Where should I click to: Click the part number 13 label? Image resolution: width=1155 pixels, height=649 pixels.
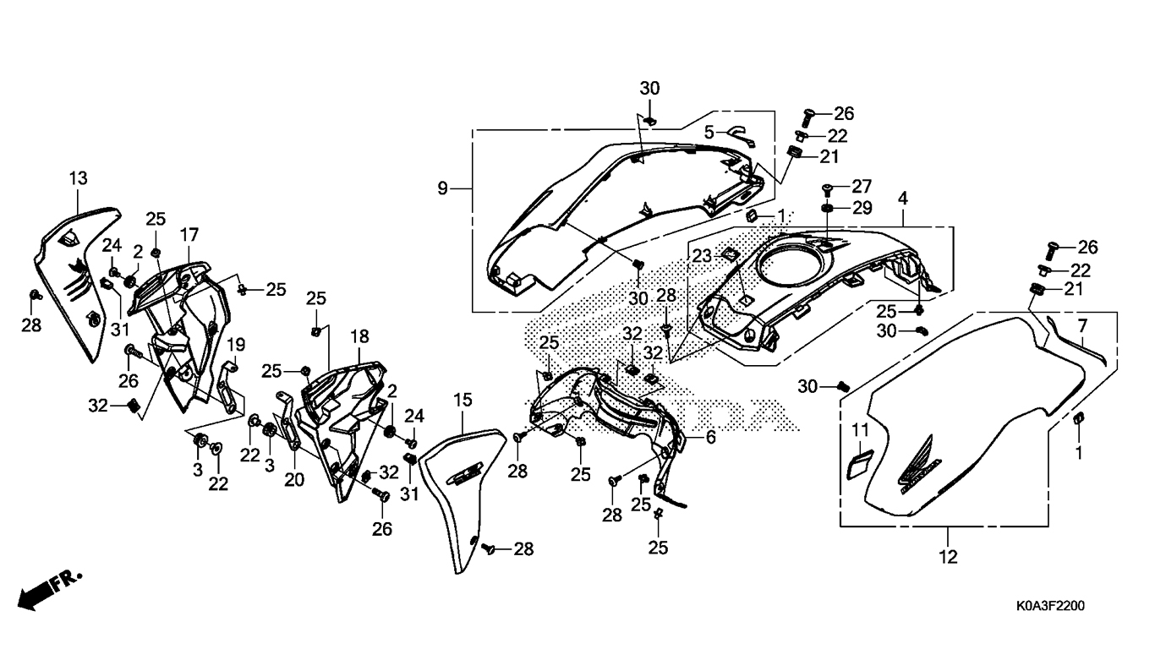click(78, 178)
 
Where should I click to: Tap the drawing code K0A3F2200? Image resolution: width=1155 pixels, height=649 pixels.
click(1050, 606)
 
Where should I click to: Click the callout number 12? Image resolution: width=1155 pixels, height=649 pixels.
click(948, 557)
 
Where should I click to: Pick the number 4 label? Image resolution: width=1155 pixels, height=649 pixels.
click(903, 199)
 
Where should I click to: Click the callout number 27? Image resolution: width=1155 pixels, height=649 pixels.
click(862, 187)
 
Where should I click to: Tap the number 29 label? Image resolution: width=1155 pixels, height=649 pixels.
click(862, 208)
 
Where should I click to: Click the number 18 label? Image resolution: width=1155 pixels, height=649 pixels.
click(359, 336)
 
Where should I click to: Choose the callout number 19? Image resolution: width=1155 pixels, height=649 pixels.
click(236, 344)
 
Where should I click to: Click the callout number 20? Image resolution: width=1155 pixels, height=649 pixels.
click(295, 479)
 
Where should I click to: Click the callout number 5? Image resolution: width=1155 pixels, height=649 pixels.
click(710, 132)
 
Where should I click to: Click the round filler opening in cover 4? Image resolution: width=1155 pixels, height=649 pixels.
click(793, 268)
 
